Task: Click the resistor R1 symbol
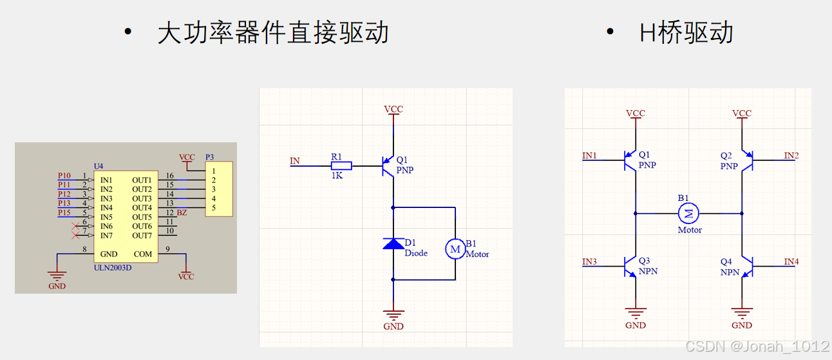pyautogui.click(x=342, y=166)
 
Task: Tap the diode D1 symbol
pyautogui.click(x=393, y=243)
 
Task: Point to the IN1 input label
pyautogui.click(x=589, y=155)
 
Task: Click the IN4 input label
pyautogui.click(x=791, y=261)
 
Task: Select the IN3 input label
pyautogui.click(x=589, y=261)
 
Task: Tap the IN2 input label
pyautogui.click(x=791, y=155)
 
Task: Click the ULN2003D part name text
pyautogui.click(x=113, y=267)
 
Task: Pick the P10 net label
pyautogui.click(x=64, y=175)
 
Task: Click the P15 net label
pyautogui.click(x=64, y=213)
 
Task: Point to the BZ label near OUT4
pyautogui.click(x=182, y=213)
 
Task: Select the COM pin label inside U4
pyautogui.click(x=143, y=254)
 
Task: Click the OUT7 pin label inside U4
pyautogui.click(x=142, y=236)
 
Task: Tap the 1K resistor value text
pyautogui.click(x=337, y=176)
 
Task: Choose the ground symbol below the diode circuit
pyautogui.click(x=393, y=315)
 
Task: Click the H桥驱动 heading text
pyautogui.click(x=686, y=33)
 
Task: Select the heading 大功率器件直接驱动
pyautogui.click(x=273, y=33)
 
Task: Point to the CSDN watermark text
pyautogui.click(x=757, y=346)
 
